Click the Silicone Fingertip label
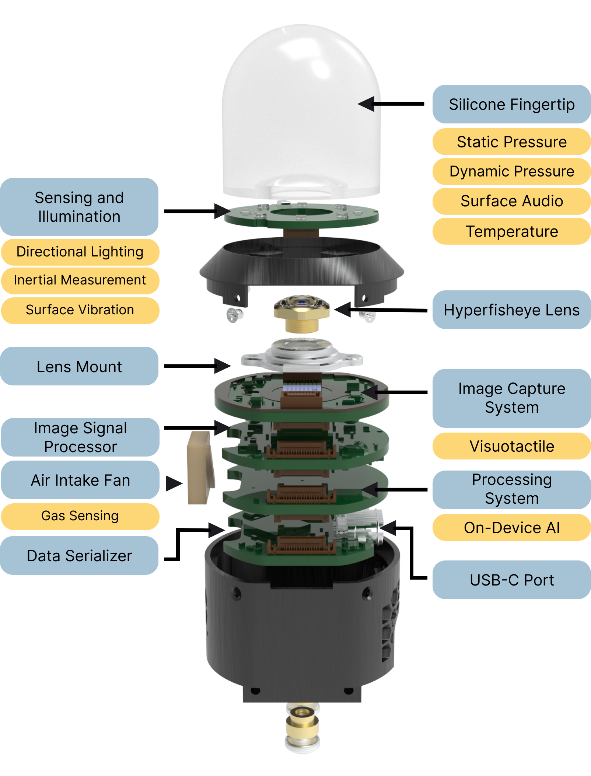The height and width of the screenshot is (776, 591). [x=511, y=104]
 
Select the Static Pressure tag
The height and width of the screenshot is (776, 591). [x=511, y=142]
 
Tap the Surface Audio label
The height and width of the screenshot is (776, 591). [x=511, y=201]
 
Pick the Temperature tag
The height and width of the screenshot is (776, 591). [x=511, y=231]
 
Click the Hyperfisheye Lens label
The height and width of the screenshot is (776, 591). [x=511, y=310]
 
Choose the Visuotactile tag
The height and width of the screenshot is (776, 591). [x=511, y=446]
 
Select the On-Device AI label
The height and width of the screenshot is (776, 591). [x=511, y=528]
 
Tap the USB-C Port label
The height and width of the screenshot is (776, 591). [x=511, y=580]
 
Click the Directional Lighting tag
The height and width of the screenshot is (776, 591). [x=80, y=252]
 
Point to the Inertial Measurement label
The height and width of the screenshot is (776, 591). [x=80, y=280]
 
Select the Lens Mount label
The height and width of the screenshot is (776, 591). [x=79, y=367]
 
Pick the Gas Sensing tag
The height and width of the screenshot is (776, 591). [x=80, y=516]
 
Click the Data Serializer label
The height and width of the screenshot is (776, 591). [x=79, y=556]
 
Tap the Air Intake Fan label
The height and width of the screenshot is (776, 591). [x=80, y=480]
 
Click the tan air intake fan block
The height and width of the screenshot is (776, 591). [x=200, y=468]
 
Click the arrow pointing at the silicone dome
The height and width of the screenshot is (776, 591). [x=370, y=104]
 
